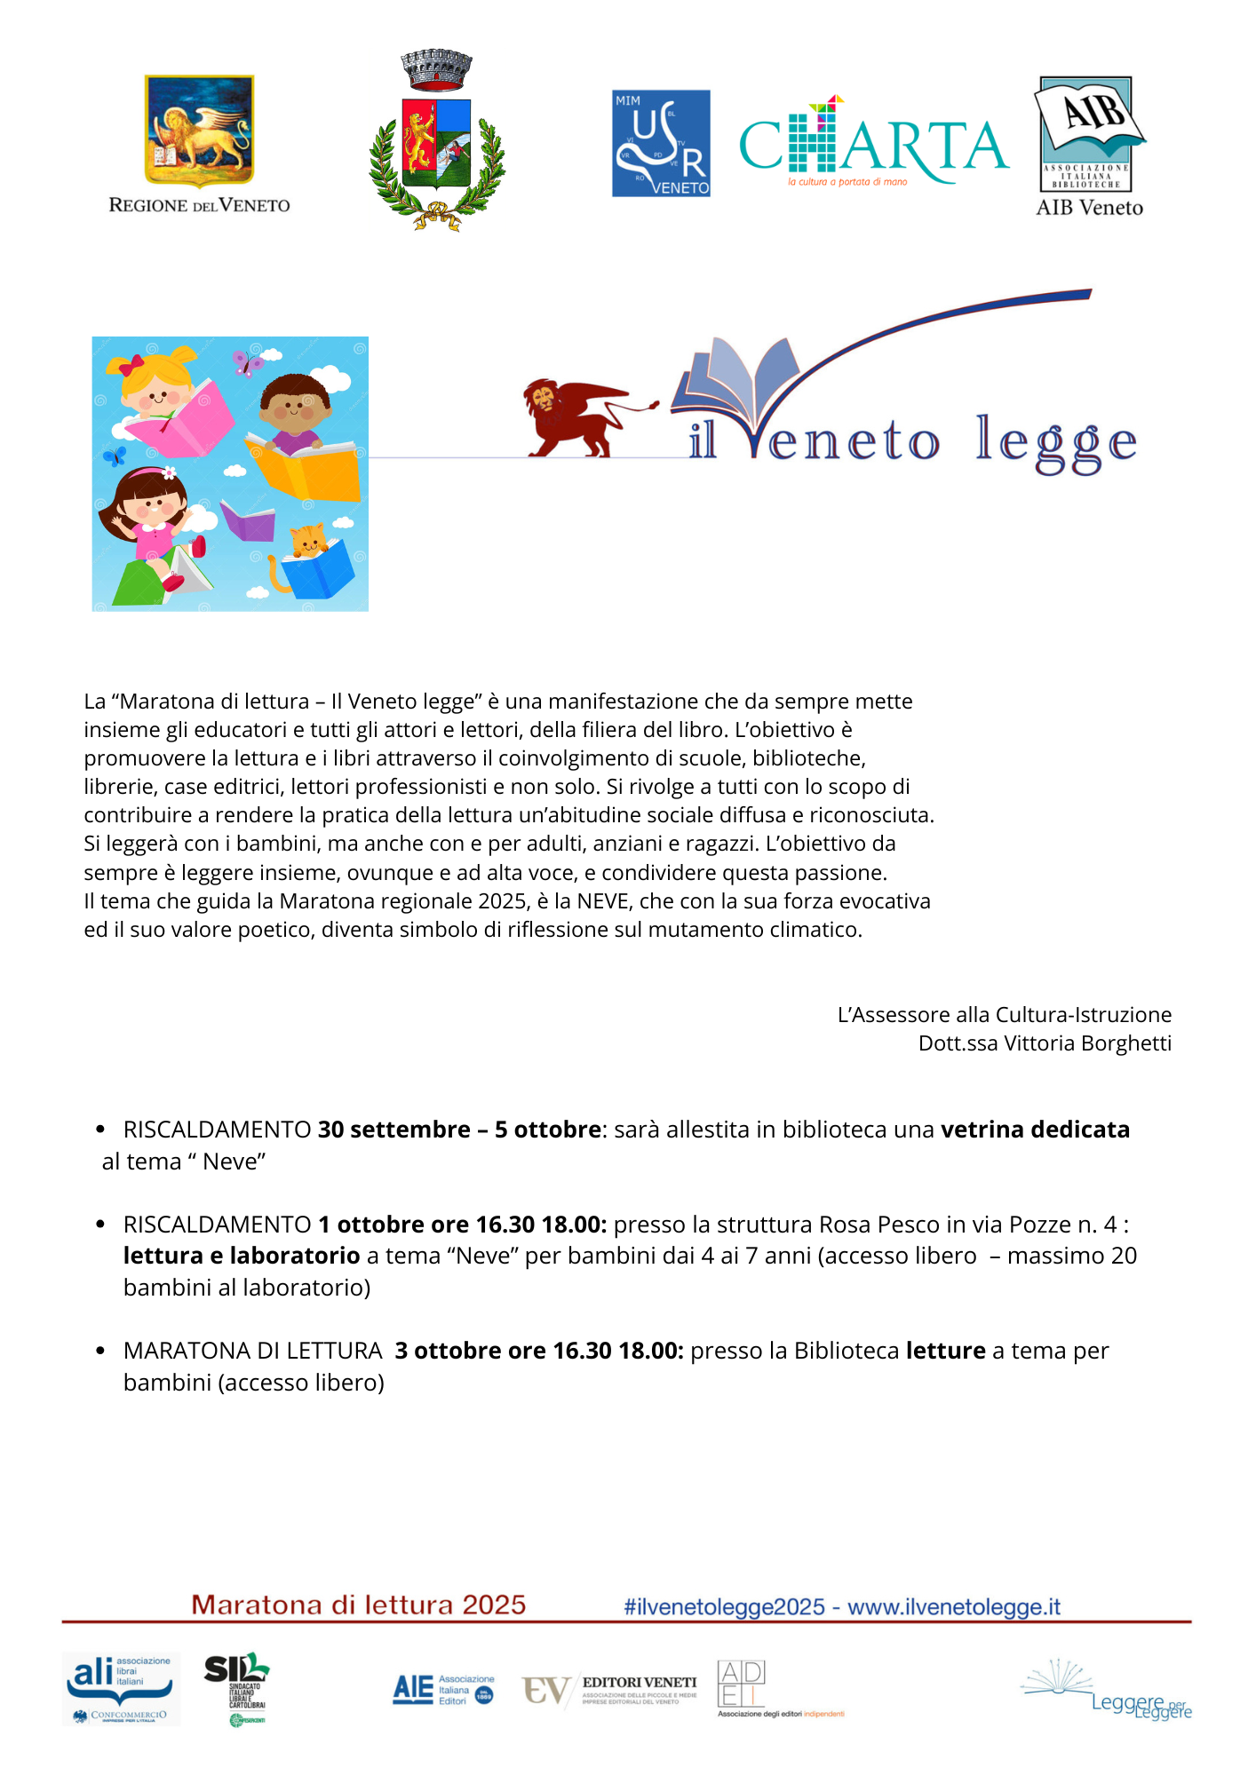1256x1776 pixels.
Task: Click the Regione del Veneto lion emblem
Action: [199, 131]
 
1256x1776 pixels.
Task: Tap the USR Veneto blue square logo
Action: [661, 143]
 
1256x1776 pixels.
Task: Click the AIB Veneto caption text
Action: [1089, 208]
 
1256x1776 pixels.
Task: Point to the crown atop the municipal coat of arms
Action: [436, 69]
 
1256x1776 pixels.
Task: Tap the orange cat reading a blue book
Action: [307, 542]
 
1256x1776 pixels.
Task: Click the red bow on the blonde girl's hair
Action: [131, 365]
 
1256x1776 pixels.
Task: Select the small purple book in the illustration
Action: [248, 521]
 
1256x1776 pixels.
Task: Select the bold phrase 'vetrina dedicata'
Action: [1035, 1130]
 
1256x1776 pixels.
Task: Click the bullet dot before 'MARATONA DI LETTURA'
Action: [100, 1351]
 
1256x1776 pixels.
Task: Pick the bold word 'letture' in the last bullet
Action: [945, 1351]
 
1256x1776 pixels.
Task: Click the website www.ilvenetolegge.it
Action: [953, 1607]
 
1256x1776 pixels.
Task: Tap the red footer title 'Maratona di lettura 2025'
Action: [359, 1606]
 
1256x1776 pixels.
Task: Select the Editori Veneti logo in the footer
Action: [610, 1690]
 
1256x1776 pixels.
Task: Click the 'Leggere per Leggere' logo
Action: [1110, 1691]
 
